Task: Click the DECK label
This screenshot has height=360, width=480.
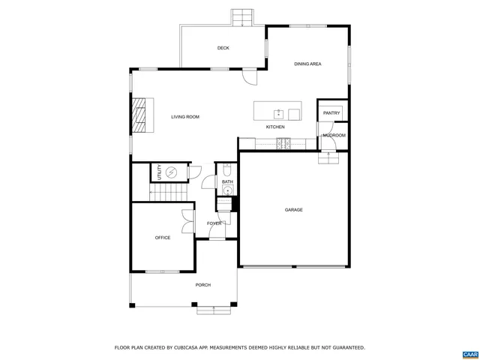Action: (x=223, y=48)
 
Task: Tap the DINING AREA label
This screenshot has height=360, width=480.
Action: (x=307, y=64)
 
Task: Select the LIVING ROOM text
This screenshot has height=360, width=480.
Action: (x=184, y=117)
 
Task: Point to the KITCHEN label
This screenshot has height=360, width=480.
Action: (x=275, y=127)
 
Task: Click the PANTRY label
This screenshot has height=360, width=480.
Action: (x=331, y=113)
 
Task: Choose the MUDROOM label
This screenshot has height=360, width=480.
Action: (x=334, y=135)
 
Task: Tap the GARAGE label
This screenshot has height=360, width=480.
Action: (x=293, y=210)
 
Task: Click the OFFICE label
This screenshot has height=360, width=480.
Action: (x=163, y=238)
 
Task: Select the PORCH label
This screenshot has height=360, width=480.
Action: (x=203, y=285)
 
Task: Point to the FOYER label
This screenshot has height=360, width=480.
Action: (x=214, y=223)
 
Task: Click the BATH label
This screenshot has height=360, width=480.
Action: (x=227, y=181)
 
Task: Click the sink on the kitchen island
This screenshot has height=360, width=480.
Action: (x=278, y=114)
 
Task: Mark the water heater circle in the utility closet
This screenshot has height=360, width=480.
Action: (x=170, y=172)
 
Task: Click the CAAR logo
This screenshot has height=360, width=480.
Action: (x=469, y=352)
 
